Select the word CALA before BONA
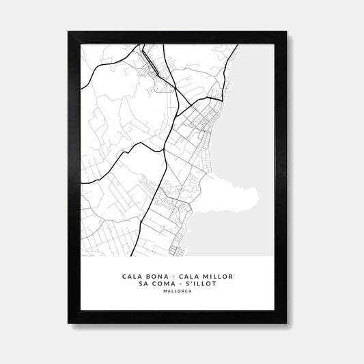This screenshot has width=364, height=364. click(132, 277)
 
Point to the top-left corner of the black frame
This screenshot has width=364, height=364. click(69, 32)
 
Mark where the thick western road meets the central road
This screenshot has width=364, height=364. click(164, 150)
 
